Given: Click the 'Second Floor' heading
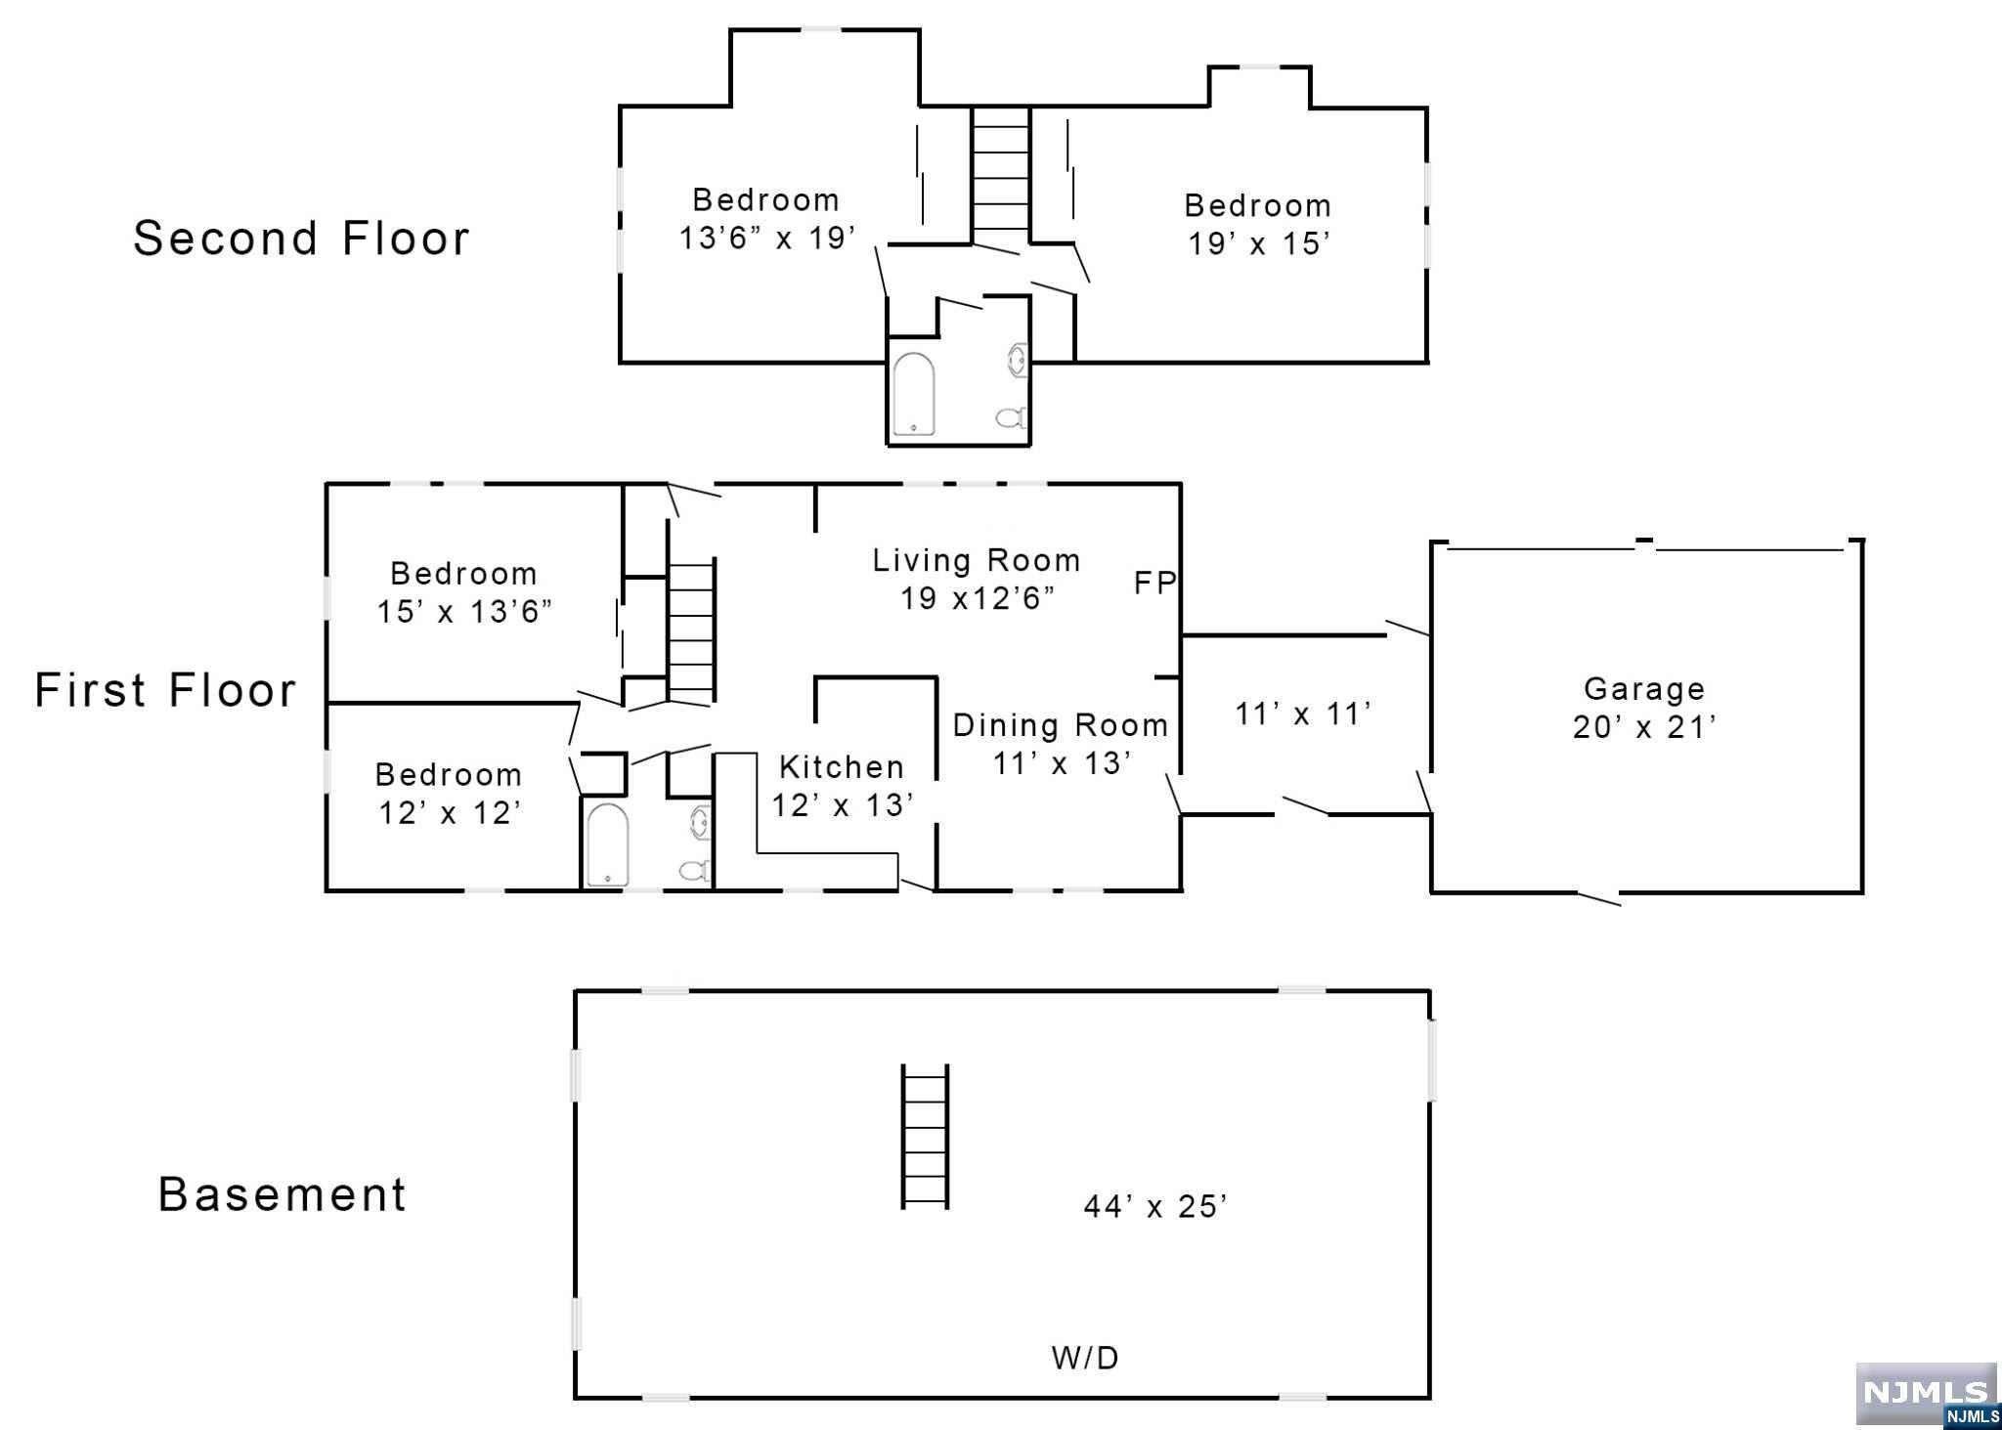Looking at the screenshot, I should [301, 238].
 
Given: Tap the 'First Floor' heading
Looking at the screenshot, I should [165, 690].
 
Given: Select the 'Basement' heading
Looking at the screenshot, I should [283, 1194].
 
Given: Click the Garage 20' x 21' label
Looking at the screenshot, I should [1644, 708].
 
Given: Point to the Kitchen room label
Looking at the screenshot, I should [842, 767].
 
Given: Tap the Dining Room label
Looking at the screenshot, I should [1061, 725].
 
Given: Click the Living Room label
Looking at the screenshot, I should [977, 560].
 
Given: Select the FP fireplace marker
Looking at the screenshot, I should [1154, 584].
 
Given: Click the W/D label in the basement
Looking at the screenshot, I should [1085, 1358].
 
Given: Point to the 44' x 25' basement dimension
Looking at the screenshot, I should [1155, 1207].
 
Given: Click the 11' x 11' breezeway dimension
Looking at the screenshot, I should [1304, 715].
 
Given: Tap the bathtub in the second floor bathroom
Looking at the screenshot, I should [914, 394].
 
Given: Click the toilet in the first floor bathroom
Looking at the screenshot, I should [695, 869].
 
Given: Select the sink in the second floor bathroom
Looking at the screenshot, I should [1018, 360].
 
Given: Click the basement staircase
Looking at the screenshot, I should [925, 1137].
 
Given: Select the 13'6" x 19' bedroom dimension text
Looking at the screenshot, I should [767, 238].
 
